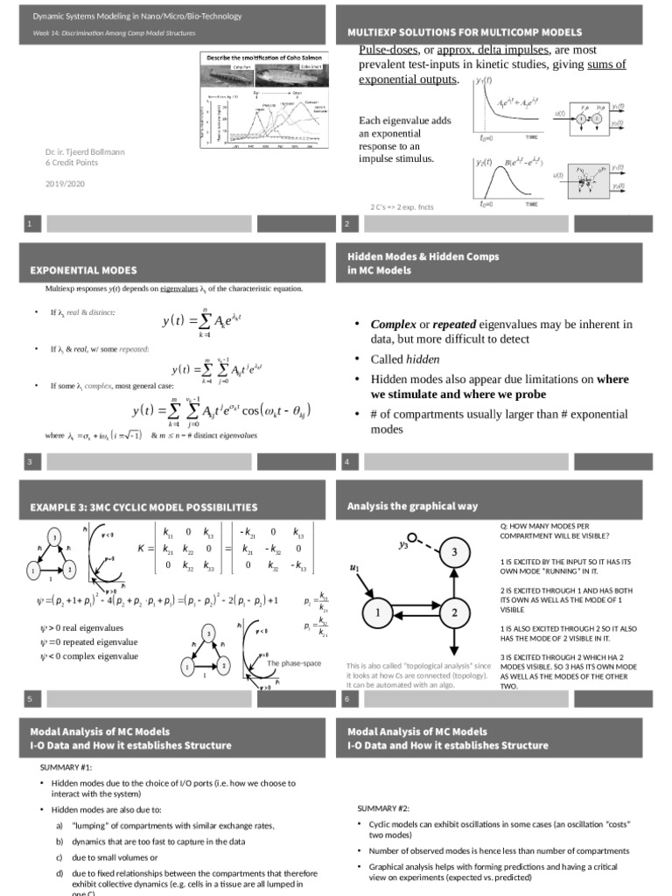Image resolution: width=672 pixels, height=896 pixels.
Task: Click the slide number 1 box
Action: coord(30,225)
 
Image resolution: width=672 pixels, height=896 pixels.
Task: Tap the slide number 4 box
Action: coord(347,461)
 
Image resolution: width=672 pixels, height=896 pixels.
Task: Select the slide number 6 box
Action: coord(347,698)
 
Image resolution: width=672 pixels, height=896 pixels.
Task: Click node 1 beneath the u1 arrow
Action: coord(377,613)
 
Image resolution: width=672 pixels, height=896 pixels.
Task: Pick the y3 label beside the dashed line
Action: coord(404,544)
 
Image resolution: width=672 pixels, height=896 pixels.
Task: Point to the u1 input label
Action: coord(354,568)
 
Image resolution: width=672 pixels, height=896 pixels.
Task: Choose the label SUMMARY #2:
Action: coord(383,808)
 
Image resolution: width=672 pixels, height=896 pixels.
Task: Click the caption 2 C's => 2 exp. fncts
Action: coord(402,207)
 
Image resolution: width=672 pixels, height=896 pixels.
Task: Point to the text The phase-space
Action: coord(296,664)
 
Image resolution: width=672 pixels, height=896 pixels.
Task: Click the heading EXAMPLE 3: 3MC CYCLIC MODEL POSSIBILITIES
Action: coord(143,507)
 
